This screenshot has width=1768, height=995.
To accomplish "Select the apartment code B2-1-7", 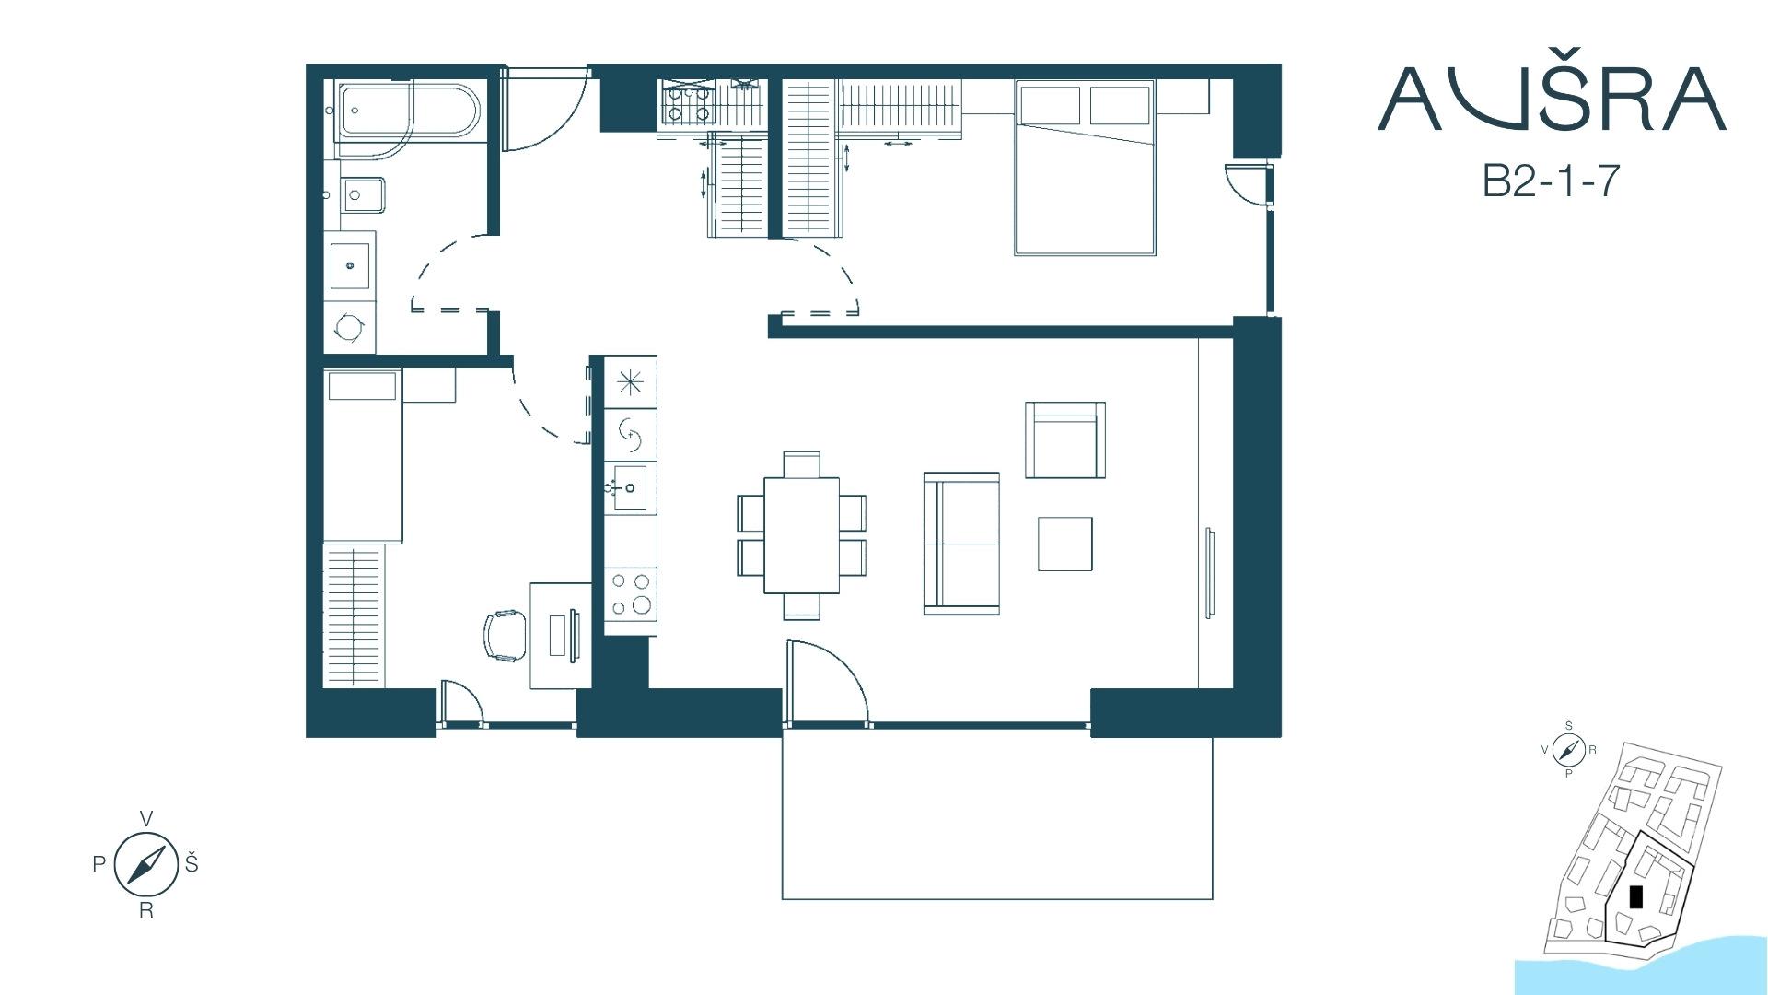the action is [x=1551, y=181].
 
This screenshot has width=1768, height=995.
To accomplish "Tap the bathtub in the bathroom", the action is [x=408, y=111].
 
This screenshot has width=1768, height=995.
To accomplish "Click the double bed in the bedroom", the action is [x=1085, y=167].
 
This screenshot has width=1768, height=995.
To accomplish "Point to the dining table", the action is [x=801, y=534].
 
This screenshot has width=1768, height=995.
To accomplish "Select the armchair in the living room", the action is [x=1065, y=439].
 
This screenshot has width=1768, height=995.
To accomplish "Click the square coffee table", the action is [x=1065, y=544].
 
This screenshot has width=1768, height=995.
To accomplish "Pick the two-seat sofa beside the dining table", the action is [x=961, y=544].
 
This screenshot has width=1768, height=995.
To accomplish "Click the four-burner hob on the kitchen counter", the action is [x=631, y=594].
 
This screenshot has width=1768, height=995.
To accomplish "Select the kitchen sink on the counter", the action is [x=630, y=487].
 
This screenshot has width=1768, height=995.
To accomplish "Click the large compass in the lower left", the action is [x=145, y=864].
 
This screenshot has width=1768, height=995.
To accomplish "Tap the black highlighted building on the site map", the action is [x=1635, y=896].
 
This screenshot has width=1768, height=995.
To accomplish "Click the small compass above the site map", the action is [x=1568, y=750].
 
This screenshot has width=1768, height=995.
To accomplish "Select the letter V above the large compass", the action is [x=145, y=818].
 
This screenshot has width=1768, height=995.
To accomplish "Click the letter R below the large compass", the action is [x=145, y=911].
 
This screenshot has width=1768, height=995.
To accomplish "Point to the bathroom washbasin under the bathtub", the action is [x=364, y=195].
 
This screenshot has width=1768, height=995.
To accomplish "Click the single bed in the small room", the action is [x=363, y=456].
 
